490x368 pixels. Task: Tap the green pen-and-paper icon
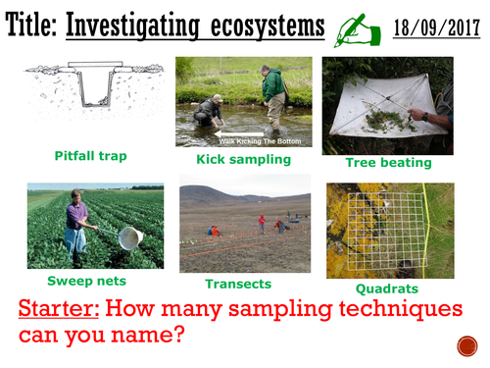point(351,28)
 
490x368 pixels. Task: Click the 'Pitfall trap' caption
point(90,155)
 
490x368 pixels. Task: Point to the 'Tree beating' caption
point(389,163)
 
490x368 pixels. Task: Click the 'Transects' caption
point(238,284)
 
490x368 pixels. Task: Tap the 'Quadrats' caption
point(388,289)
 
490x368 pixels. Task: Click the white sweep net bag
point(130,237)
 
